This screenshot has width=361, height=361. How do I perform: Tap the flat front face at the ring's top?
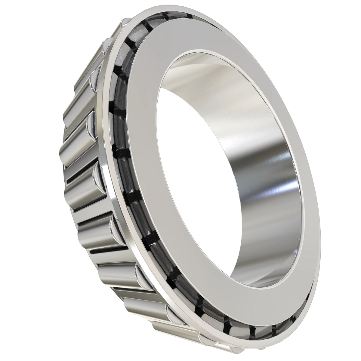(193, 36)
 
